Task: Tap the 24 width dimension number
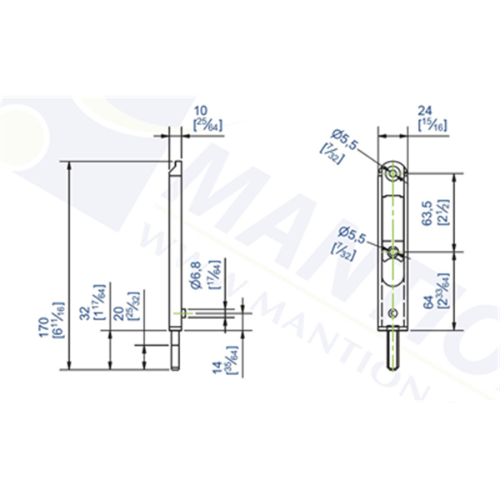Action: [x=425, y=110]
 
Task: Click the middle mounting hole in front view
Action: [x=392, y=247]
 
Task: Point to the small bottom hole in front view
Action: [x=392, y=312]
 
